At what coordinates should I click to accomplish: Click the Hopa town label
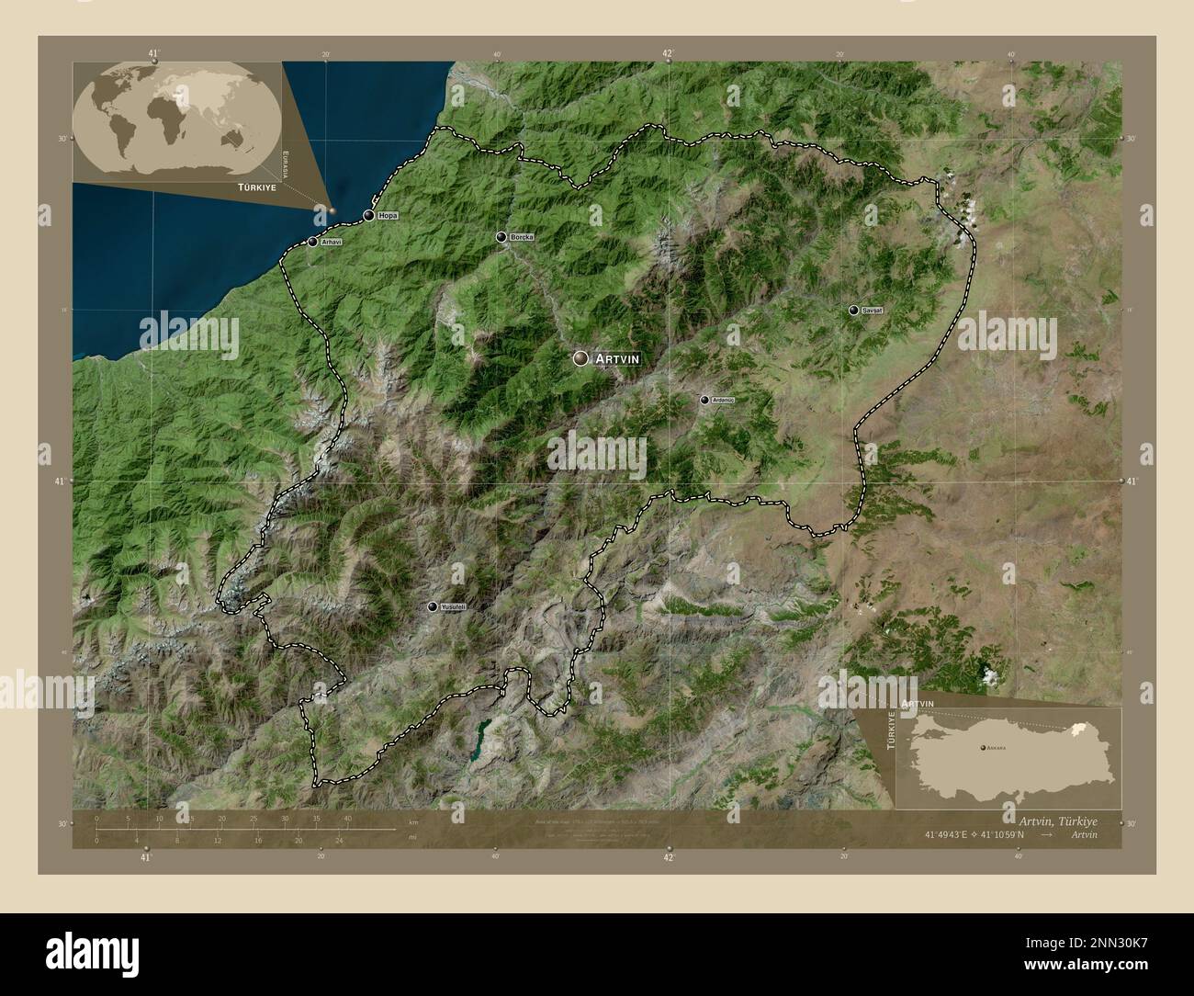click(387, 216)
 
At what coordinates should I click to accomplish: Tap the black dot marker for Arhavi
click(313, 243)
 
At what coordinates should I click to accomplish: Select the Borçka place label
click(520, 237)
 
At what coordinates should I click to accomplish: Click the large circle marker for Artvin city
click(580, 358)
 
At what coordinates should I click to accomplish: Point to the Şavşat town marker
click(854, 311)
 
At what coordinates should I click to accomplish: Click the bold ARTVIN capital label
click(616, 358)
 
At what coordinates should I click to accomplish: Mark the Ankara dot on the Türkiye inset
click(982, 749)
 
